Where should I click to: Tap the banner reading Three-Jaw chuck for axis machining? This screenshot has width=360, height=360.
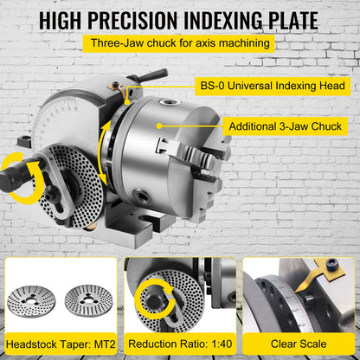tap(180, 43)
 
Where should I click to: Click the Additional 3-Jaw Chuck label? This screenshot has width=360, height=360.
tap(285, 126)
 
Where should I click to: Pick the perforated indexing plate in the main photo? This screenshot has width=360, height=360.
tap(73, 181)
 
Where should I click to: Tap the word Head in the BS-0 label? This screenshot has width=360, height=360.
tap(330, 87)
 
